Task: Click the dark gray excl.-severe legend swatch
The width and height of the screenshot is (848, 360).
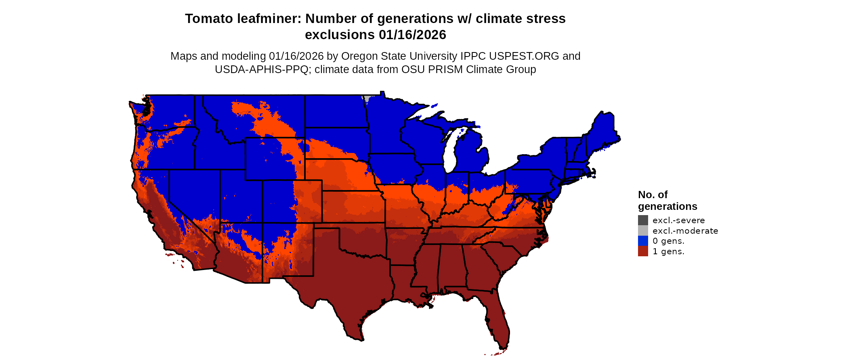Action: pos(643,220)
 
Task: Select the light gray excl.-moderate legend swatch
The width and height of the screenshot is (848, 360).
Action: pos(643,230)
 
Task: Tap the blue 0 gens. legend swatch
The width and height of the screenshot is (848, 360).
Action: pos(643,241)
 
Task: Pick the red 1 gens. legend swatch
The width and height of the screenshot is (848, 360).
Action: pos(643,251)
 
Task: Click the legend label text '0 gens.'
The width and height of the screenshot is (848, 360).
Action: pos(668,241)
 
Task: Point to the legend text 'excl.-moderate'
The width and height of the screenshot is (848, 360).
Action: pos(685,231)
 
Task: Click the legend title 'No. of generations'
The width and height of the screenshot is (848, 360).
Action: pos(667,201)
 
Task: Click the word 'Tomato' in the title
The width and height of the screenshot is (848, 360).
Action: pos(209,19)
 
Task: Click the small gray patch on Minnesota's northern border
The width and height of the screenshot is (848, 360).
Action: pos(366,98)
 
